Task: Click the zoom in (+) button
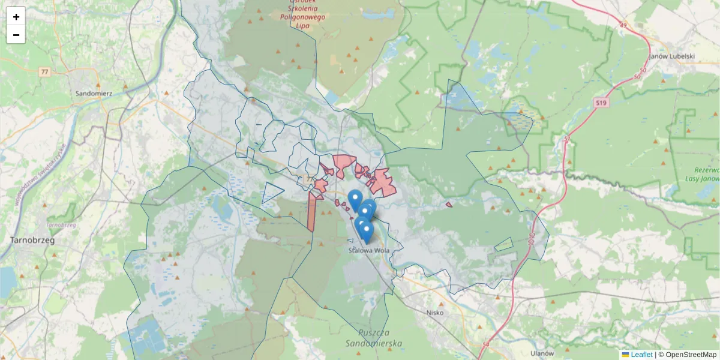[x=16, y=16]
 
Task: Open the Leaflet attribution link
[x=641, y=355]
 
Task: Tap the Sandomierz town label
[x=94, y=94]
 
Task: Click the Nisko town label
[x=434, y=313]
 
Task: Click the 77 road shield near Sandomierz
[x=44, y=72]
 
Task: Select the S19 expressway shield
[x=601, y=104]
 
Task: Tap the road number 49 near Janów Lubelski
[x=623, y=26]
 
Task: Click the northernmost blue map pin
[x=355, y=199]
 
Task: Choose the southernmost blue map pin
[x=366, y=232]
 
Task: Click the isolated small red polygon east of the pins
[x=449, y=205]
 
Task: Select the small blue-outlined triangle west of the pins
[x=271, y=193]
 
